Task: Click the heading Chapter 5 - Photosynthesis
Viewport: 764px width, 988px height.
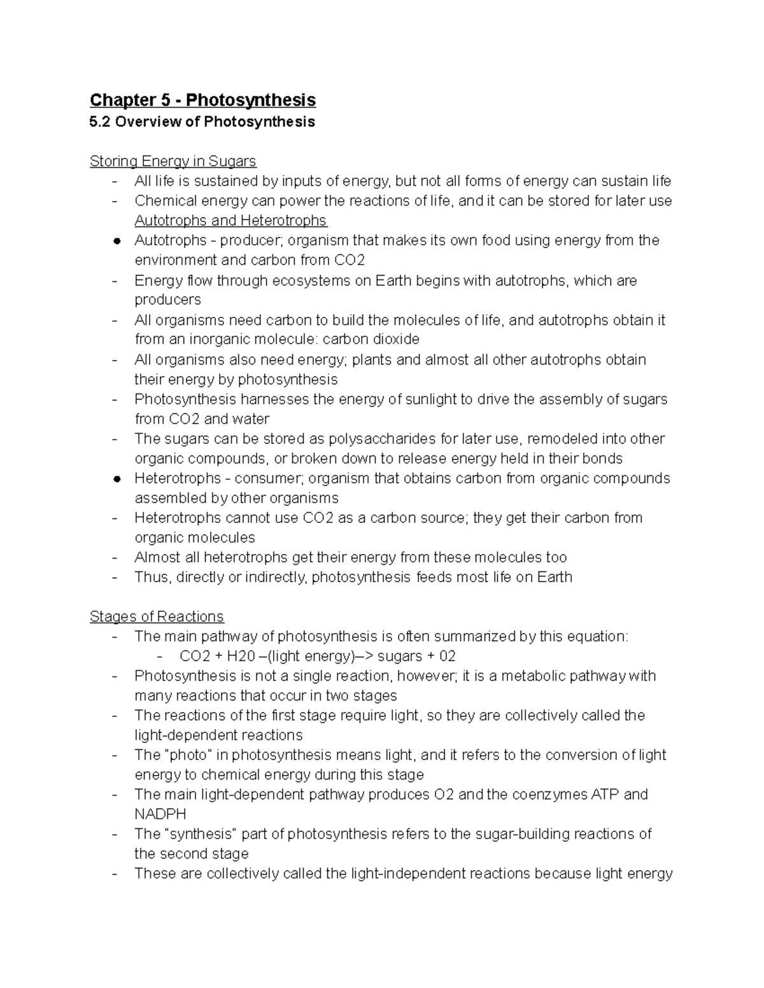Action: pyautogui.click(x=202, y=101)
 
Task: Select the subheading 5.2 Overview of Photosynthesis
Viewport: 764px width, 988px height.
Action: pyautogui.click(x=202, y=122)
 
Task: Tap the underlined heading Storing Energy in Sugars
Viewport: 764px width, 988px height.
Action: pyautogui.click(x=173, y=162)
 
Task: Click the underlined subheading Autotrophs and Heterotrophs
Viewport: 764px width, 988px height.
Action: pyautogui.click(x=230, y=221)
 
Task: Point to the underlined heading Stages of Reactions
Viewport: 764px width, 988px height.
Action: pyautogui.click(x=157, y=616)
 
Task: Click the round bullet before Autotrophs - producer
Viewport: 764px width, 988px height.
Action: pyautogui.click(x=117, y=241)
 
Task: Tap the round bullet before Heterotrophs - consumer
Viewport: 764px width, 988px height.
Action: pyautogui.click(x=117, y=479)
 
